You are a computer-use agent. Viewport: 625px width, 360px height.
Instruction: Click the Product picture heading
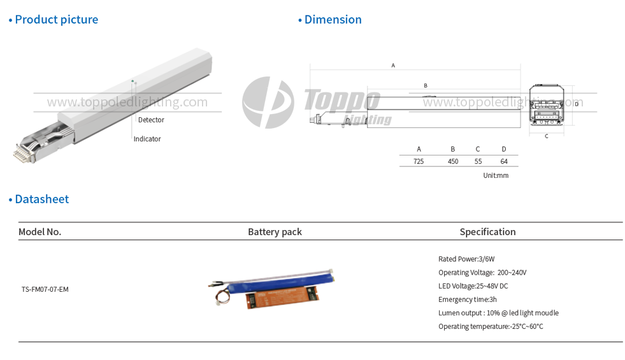56,20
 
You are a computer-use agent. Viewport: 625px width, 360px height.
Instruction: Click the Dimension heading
332,20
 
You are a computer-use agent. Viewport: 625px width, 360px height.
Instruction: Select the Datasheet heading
41,199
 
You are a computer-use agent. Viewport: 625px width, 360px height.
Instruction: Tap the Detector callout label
151,120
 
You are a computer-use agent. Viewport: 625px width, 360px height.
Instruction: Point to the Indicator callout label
147,139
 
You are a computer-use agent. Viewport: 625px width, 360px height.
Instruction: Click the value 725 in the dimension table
419,162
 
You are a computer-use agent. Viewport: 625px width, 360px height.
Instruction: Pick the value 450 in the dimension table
453,162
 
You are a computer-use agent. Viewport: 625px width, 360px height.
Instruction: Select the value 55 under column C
478,162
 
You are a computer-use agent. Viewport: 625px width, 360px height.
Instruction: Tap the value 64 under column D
504,162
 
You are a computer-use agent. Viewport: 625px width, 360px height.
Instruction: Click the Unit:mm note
496,175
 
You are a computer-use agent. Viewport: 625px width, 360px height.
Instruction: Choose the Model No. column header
40,232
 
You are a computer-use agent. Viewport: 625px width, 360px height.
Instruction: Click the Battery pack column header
275,232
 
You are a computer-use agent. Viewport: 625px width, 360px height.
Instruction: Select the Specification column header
487,232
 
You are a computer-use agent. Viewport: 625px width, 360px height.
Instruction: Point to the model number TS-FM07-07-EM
45,289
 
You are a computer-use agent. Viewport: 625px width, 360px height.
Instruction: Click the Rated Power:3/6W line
466,259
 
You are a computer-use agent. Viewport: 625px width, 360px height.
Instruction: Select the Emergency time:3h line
468,299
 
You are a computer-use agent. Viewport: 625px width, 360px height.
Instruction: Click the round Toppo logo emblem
268,102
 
